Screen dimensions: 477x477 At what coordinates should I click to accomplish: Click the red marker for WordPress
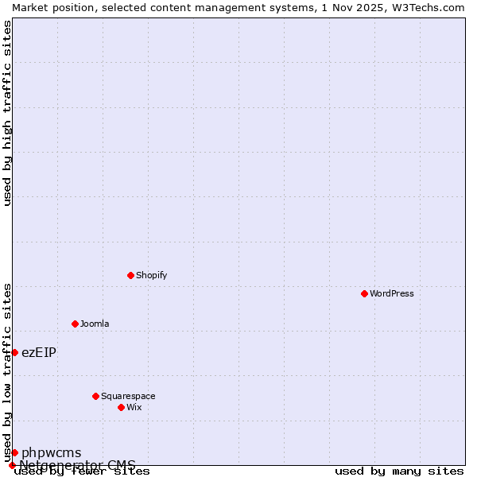pyautogui.click(x=364, y=293)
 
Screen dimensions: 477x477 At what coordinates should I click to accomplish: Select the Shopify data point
pyautogui.click(x=130, y=275)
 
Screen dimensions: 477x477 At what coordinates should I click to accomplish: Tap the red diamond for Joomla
pyautogui.click(x=75, y=324)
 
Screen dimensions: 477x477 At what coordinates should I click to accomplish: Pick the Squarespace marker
pyautogui.click(x=95, y=396)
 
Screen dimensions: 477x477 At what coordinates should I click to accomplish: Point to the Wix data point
pyautogui.click(x=121, y=407)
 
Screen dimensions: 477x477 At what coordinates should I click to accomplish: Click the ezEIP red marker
pyautogui.click(x=14, y=352)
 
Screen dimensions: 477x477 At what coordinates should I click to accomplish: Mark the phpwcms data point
pyautogui.click(x=14, y=452)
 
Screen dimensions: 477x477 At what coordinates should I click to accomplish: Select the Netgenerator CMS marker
pyautogui.click(x=12, y=465)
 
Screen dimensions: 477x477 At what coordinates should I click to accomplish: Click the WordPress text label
pyautogui.click(x=392, y=293)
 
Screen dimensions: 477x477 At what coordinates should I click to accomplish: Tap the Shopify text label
pyautogui.click(x=151, y=275)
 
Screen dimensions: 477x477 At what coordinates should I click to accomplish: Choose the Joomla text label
pyautogui.click(x=95, y=324)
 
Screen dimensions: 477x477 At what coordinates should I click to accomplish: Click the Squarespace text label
pyautogui.click(x=128, y=396)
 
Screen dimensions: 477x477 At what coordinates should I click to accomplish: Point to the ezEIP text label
pyautogui.click(x=39, y=352)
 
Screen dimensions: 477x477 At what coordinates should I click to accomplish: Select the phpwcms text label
pyautogui.click(x=51, y=452)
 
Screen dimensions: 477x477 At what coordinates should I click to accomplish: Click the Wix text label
pyautogui.click(x=134, y=407)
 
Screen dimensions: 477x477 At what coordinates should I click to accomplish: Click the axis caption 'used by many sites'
pyautogui.click(x=399, y=471)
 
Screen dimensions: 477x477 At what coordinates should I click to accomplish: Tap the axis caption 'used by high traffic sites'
pyautogui.click(x=7, y=113)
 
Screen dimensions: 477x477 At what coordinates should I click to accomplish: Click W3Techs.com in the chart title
pyautogui.click(x=427, y=7)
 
